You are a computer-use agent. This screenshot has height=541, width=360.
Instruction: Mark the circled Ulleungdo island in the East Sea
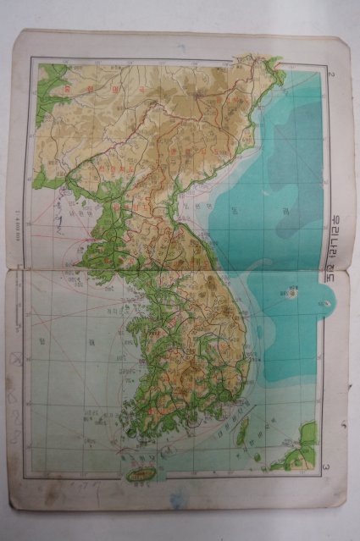(x=293, y=295)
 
